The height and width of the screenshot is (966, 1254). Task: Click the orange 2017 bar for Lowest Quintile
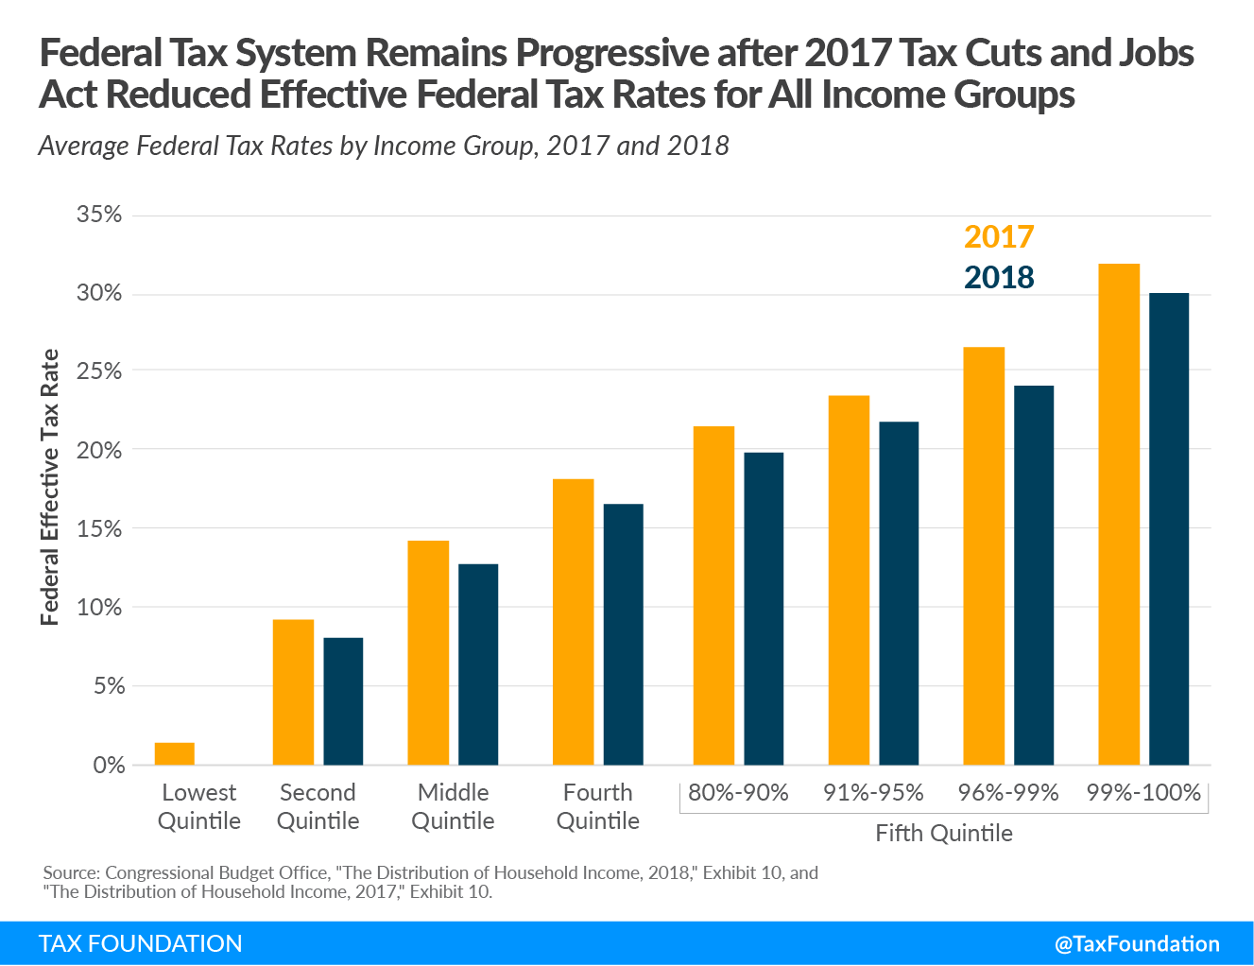pyautogui.click(x=174, y=753)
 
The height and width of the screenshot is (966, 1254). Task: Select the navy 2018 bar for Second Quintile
pyautogui.click(x=343, y=701)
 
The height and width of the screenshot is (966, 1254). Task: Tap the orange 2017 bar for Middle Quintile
pyautogui.click(x=428, y=652)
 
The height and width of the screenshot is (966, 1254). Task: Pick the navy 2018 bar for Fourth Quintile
pyautogui.click(x=624, y=635)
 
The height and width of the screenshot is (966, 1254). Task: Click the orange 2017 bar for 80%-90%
pyautogui.click(x=713, y=595)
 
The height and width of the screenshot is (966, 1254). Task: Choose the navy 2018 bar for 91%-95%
pyautogui.click(x=899, y=594)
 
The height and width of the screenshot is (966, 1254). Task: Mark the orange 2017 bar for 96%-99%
pyautogui.click(x=984, y=557)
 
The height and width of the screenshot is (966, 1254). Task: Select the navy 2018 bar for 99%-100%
pyautogui.click(x=1169, y=529)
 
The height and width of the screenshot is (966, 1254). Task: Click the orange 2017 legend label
pyautogui.click(x=999, y=237)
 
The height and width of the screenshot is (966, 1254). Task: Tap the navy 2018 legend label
pyautogui.click(x=999, y=278)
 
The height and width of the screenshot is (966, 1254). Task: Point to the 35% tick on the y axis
pyautogui.click(x=99, y=215)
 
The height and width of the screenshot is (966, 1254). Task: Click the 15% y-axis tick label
pyautogui.click(x=99, y=528)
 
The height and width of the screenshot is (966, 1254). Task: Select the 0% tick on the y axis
pyautogui.click(x=109, y=766)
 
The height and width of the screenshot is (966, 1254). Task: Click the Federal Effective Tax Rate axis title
pyautogui.click(x=50, y=487)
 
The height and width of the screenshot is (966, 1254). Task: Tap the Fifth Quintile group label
pyautogui.click(x=943, y=834)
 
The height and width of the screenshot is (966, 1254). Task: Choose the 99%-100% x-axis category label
pyautogui.click(x=1143, y=793)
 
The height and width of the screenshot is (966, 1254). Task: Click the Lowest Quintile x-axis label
pyautogui.click(x=199, y=806)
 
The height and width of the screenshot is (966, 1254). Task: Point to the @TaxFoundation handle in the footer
pyautogui.click(x=1137, y=944)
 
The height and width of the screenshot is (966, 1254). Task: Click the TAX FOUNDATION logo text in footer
pyautogui.click(x=140, y=944)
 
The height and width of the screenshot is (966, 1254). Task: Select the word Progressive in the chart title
pyautogui.click(x=611, y=53)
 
